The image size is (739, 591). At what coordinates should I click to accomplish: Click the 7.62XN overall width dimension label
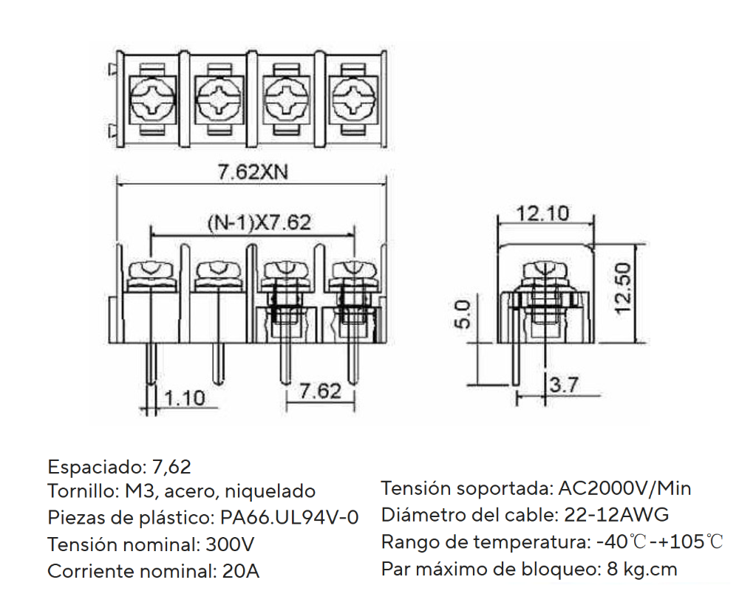tap(252, 171)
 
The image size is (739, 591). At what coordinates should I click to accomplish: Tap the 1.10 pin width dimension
tap(184, 398)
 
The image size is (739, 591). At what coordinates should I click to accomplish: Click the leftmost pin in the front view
tap(151, 362)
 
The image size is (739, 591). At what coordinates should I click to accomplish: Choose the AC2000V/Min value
tap(624, 488)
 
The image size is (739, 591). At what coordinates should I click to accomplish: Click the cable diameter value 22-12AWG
tap(616, 515)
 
